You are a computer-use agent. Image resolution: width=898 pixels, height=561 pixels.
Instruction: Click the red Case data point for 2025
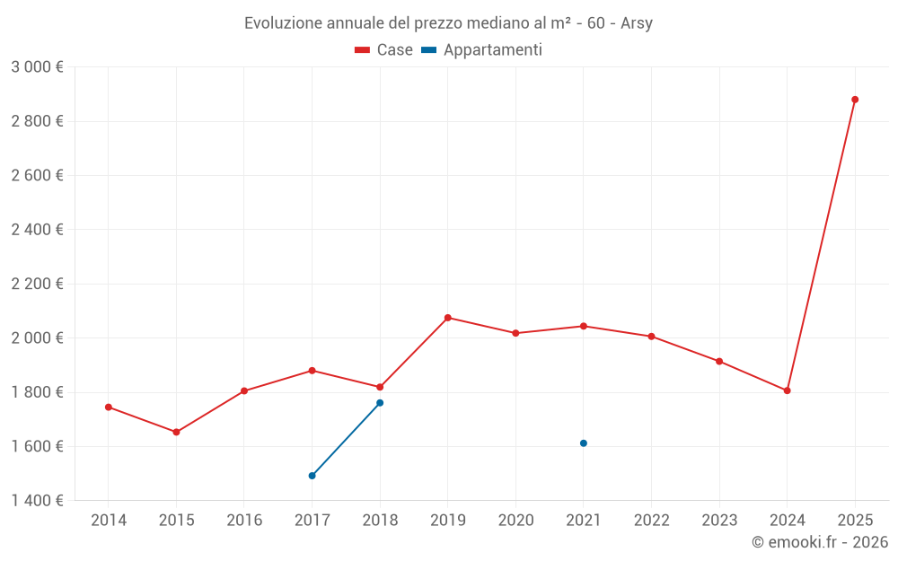(x=855, y=100)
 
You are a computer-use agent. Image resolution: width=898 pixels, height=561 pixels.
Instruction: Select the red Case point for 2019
(x=448, y=318)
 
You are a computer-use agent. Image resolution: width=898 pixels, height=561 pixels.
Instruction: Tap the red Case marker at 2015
(x=176, y=432)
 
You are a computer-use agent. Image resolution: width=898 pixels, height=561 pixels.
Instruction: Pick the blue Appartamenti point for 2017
(x=312, y=476)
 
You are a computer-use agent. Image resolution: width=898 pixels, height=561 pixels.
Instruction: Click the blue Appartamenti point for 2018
(x=380, y=403)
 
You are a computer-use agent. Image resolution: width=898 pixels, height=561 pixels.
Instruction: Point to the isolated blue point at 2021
(x=584, y=443)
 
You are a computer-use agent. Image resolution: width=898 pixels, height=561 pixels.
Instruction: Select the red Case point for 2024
(x=787, y=390)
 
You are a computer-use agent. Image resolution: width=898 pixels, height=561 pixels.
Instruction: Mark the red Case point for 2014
(x=109, y=407)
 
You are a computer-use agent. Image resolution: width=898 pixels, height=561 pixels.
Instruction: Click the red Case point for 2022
(x=651, y=337)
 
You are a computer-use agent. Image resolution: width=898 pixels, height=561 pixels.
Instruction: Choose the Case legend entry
(x=384, y=50)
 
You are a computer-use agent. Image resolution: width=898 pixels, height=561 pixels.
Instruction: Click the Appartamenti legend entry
(x=482, y=50)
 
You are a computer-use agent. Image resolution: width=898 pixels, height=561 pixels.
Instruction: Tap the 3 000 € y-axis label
(x=38, y=67)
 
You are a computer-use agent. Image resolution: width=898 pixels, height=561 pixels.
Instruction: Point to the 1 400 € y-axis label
(x=38, y=501)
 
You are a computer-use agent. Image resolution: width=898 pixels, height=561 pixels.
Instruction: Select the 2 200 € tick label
(x=38, y=285)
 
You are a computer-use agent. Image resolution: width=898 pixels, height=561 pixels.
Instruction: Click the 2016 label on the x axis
(x=244, y=521)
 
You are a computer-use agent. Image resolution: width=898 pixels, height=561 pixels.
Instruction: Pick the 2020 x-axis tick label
(x=515, y=521)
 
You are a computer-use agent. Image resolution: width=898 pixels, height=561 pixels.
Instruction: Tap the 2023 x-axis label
(x=719, y=521)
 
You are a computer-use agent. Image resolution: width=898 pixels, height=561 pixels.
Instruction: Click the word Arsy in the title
(x=637, y=23)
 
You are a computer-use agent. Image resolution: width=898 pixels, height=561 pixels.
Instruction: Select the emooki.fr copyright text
(x=820, y=542)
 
